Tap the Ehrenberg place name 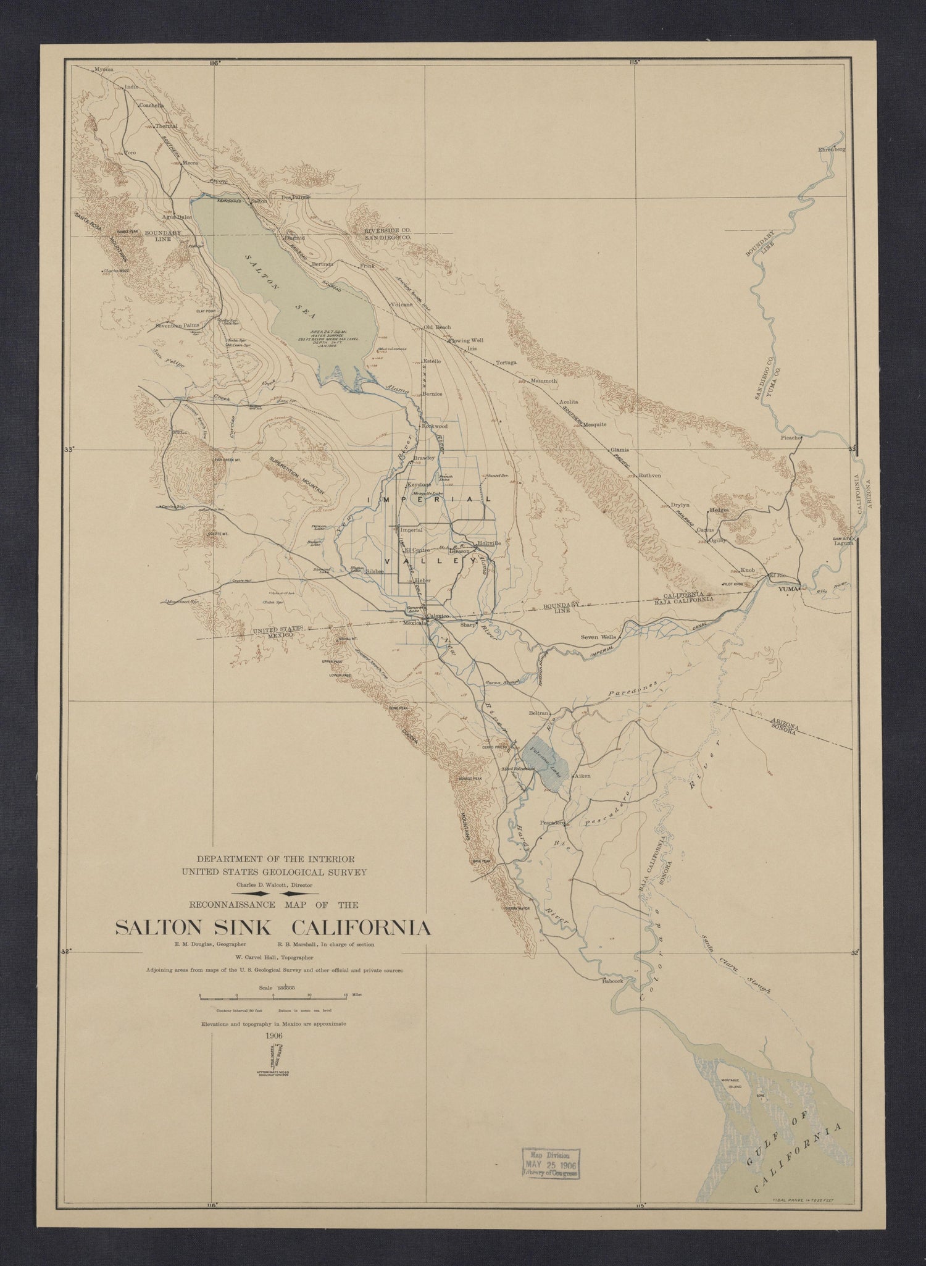click(831, 149)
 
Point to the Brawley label click(425, 458)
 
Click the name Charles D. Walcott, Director click(273, 885)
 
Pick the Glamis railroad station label click(619, 450)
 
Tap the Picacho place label click(791, 438)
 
